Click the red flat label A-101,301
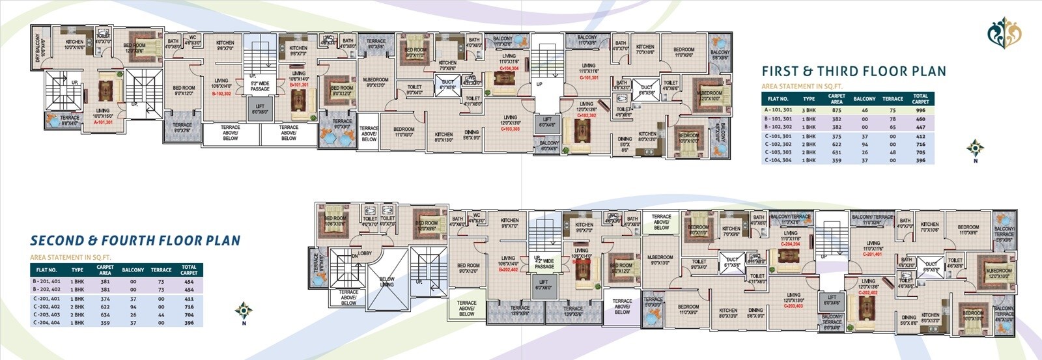(103, 122)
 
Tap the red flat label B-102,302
(221, 93)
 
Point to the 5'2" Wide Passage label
(260, 86)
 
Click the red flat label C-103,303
(510, 129)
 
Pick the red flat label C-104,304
(509, 68)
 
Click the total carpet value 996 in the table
(920, 111)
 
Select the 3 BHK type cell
(808, 111)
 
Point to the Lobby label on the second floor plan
(365, 253)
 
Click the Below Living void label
(387, 281)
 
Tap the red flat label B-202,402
(508, 269)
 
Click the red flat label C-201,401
(873, 255)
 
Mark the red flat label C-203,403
(793, 305)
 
